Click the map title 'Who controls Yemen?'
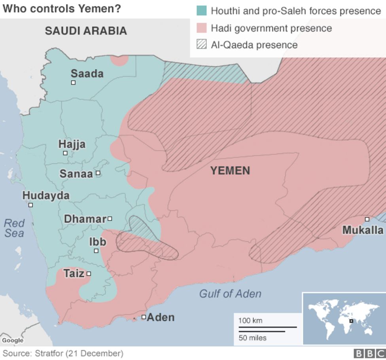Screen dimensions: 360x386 [x=62, y=8]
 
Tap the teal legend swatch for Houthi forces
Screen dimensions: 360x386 [x=202, y=10]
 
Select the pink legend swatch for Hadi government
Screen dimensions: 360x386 [x=202, y=28]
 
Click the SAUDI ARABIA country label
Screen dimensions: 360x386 [x=86, y=31]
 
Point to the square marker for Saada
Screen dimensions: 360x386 [x=73, y=82]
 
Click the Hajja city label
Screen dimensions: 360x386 [x=72, y=144]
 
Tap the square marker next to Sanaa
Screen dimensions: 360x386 [x=98, y=173]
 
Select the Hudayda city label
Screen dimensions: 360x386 [x=46, y=195]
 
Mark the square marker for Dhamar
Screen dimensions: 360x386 [x=110, y=218]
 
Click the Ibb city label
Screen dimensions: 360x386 [x=98, y=241]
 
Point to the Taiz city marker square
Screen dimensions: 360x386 [x=89, y=273]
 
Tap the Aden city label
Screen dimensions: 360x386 [x=161, y=317]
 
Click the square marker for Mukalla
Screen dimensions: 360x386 [x=367, y=219]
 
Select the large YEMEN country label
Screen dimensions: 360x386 [x=230, y=171]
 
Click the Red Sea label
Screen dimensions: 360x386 [x=14, y=228]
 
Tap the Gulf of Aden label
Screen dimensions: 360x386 [x=230, y=294]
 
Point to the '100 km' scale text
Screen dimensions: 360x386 [x=250, y=320]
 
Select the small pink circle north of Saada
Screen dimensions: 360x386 [x=119, y=60]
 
